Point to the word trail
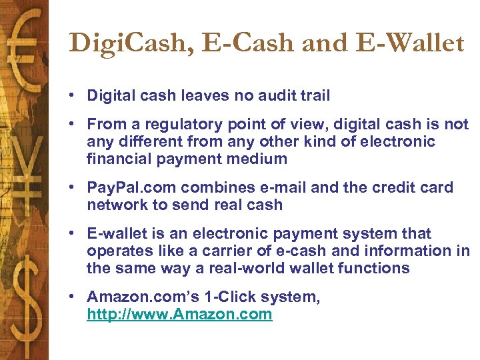coord(313,96)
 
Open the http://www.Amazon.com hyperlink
coord(179,315)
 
